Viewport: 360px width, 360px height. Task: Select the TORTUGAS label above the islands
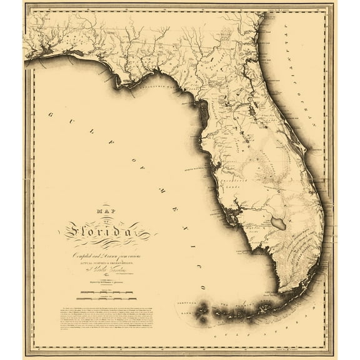(201, 291)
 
